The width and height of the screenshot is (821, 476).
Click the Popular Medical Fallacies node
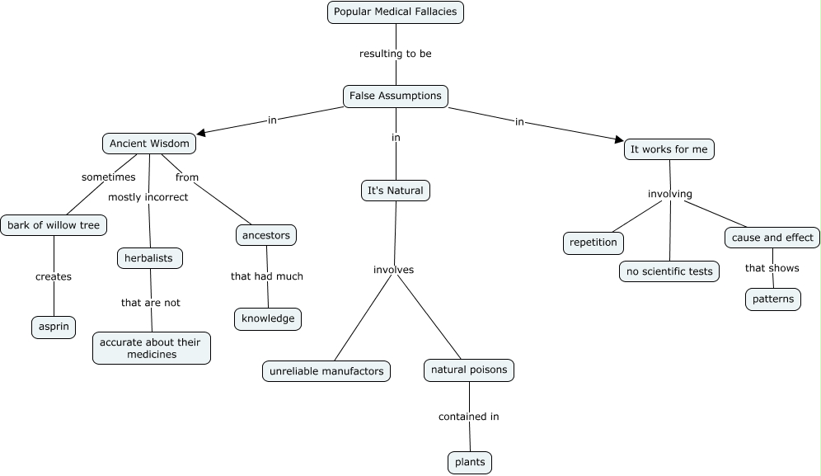click(x=396, y=12)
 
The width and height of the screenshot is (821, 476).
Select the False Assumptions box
click(x=396, y=96)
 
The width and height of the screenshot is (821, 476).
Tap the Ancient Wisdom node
click(x=149, y=144)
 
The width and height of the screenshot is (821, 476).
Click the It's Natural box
click(x=396, y=191)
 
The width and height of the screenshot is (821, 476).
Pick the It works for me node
click(x=669, y=149)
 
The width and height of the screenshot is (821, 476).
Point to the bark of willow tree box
click(x=54, y=224)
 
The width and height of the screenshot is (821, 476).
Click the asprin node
click(x=54, y=327)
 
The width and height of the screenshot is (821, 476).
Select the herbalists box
click(x=149, y=258)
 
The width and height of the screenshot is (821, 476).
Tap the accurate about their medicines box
click(x=152, y=348)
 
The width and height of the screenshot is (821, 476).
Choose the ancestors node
click(x=265, y=235)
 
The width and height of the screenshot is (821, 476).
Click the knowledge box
click(x=268, y=318)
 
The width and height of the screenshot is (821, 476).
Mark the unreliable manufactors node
click(x=326, y=371)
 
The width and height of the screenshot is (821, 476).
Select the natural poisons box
click(x=469, y=370)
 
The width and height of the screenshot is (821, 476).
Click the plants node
click(x=470, y=462)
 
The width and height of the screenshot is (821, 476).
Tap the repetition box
click(x=593, y=243)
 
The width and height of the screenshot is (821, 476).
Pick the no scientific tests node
click(x=669, y=271)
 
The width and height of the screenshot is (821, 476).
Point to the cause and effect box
click(x=772, y=238)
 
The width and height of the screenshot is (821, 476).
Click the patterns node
click(x=773, y=299)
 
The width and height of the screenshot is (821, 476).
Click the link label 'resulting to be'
click(x=396, y=54)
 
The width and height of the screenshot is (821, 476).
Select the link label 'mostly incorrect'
click(x=148, y=197)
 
